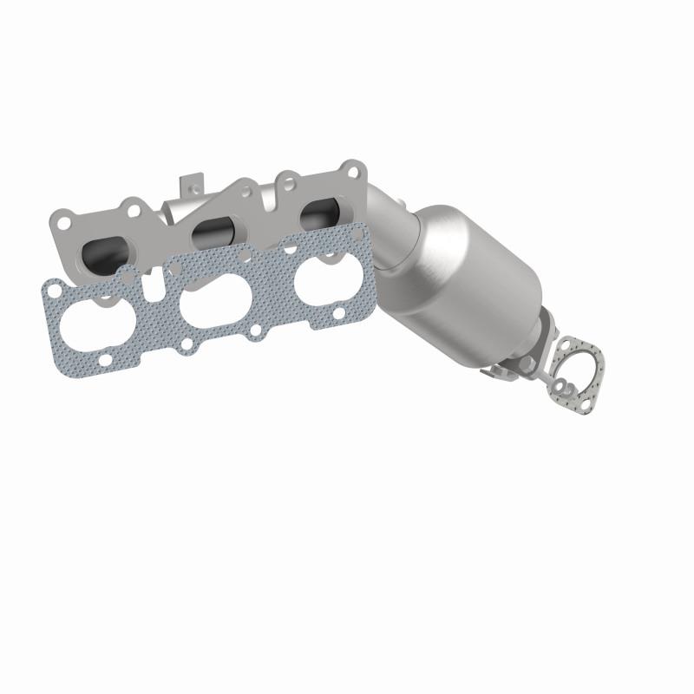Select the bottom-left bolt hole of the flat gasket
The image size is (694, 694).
click(104, 358)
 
